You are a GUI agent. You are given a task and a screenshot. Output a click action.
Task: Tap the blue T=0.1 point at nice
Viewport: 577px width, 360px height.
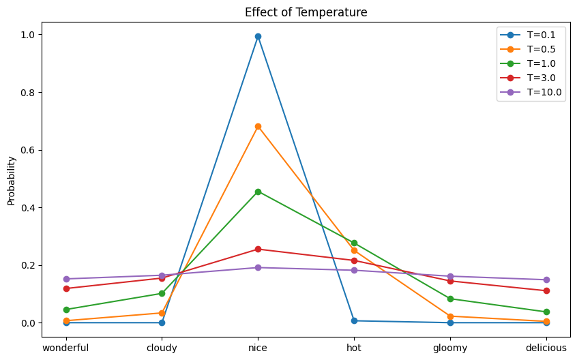pos(258,36)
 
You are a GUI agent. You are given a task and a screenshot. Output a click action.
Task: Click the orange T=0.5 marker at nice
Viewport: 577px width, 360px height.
pos(258,126)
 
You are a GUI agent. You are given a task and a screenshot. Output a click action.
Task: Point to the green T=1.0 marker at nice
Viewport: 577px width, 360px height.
pos(258,192)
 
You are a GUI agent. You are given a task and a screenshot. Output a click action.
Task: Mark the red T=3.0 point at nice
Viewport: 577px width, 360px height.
pos(258,249)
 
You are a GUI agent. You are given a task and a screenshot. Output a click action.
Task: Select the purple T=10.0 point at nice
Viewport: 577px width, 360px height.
pos(258,267)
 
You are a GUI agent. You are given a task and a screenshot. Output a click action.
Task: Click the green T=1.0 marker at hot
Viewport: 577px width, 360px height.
pos(354,243)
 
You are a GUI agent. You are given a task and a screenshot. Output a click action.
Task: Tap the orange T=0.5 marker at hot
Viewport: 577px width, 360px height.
pos(354,250)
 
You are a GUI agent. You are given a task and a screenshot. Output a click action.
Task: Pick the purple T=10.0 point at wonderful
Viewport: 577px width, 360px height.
pos(66,279)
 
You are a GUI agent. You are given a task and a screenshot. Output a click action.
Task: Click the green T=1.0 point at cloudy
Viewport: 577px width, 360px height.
pos(162,293)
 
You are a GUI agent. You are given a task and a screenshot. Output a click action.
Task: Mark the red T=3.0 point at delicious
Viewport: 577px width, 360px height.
pos(546,290)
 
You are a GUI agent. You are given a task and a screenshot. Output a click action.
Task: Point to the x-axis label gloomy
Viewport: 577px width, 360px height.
pos(450,348)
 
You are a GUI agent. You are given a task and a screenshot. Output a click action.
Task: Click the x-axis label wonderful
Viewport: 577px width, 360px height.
pos(66,348)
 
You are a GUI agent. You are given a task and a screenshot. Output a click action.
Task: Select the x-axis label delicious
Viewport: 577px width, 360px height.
pos(546,348)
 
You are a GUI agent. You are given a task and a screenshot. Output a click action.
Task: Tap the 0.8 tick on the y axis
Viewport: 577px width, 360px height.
pos(28,92)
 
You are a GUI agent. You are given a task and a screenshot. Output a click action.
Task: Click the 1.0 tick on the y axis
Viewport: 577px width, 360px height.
pos(28,35)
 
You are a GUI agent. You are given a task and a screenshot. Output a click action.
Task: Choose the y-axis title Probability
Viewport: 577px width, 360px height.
pos(12,181)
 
